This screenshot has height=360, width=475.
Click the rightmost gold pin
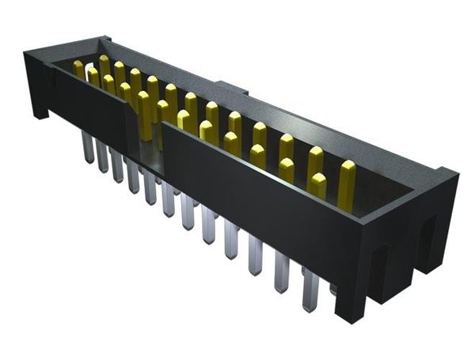tap(347, 182)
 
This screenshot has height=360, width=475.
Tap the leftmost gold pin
tap(78, 69)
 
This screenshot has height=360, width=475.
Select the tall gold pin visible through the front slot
tap(144, 116)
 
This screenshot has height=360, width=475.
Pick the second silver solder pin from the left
tap(102, 157)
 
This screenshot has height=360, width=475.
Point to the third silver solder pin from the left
tap(117, 167)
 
